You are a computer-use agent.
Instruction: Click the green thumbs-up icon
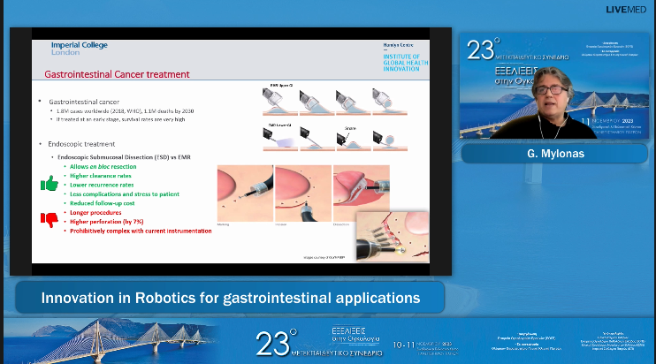pos(50,184)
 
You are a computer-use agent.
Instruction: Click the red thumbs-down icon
pos(50,218)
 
